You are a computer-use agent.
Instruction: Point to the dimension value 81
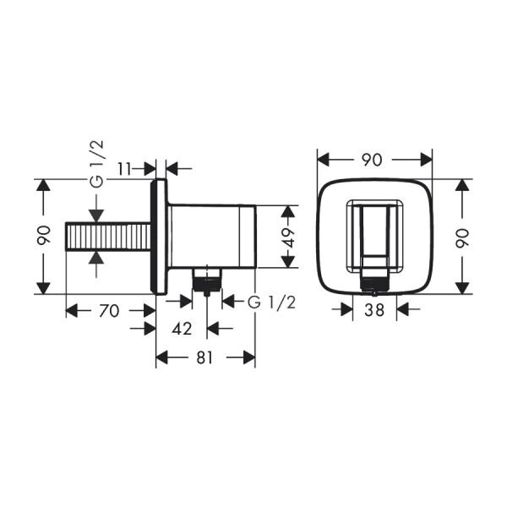tap(204, 357)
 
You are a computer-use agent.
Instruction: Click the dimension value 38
tap(374, 310)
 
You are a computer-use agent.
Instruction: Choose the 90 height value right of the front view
tap(461, 236)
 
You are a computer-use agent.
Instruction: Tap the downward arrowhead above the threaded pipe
tap(97, 213)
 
